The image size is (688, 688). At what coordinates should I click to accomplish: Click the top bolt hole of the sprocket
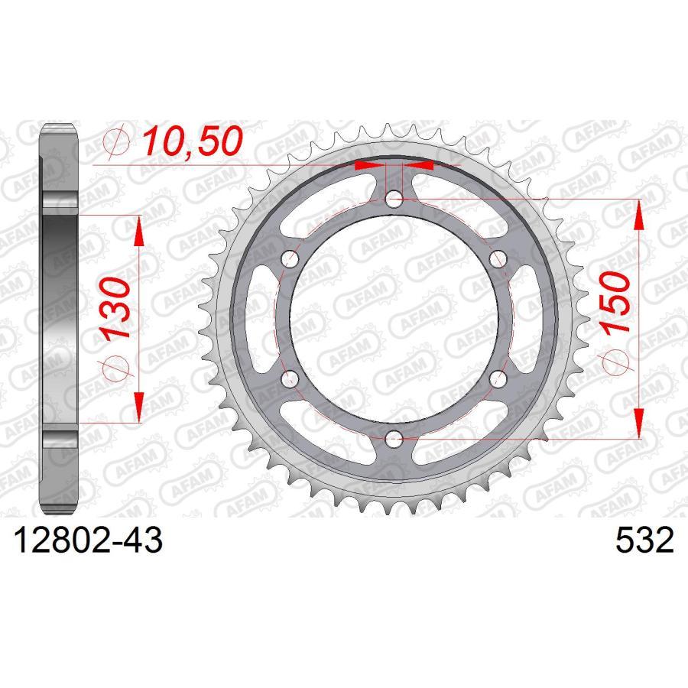[x=394, y=200]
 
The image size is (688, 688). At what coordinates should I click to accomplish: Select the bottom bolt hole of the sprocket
[x=394, y=438]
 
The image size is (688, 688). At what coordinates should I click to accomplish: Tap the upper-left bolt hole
[x=290, y=259]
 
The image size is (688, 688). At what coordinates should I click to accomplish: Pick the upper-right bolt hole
[x=497, y=259]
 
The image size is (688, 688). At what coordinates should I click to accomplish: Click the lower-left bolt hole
[x=290, y=378]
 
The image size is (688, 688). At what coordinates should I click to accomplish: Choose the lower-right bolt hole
[x=497, y=378]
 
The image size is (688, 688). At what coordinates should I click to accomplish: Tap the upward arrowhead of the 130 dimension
[x=138, y=229]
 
